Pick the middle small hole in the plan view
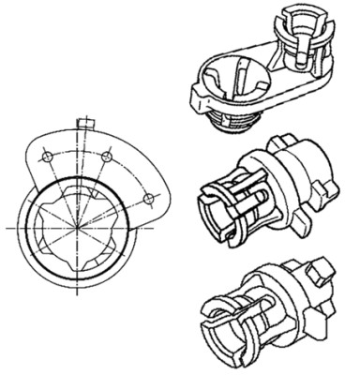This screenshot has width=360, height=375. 108,153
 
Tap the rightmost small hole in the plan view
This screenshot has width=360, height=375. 147,198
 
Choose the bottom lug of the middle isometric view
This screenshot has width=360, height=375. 302,217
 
